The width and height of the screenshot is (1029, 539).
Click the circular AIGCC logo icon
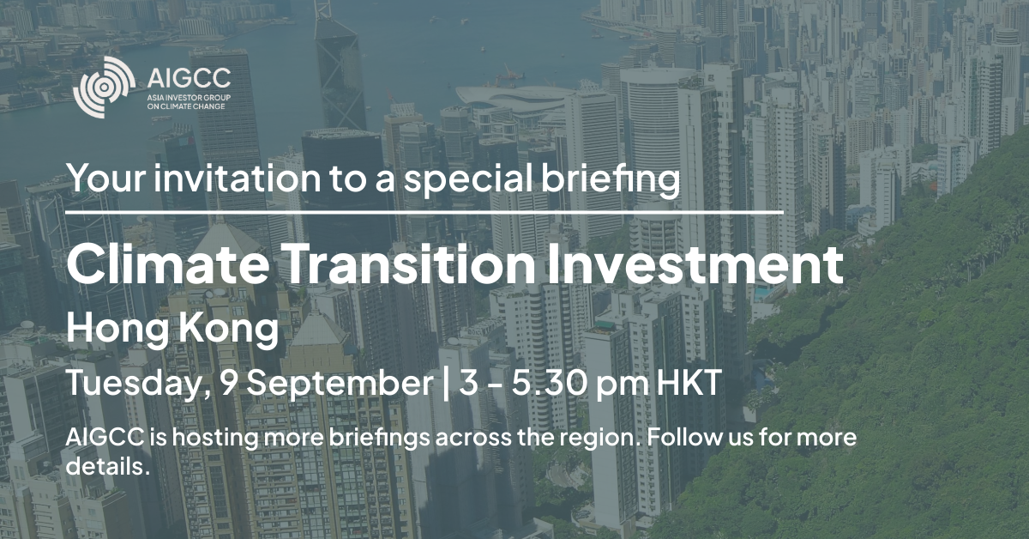coord(105,87)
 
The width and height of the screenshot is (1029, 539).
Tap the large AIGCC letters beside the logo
coord(189,78)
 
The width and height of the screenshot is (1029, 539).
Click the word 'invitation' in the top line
coord(237,178)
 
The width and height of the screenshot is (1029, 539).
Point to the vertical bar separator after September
coord(445,384)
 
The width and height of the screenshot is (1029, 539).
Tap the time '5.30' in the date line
coord(551,383)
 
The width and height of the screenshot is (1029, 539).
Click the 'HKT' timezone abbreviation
coord(689,383)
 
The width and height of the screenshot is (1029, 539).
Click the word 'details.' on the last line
coord(108,465)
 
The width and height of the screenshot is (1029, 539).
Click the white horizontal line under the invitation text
coord(425,213)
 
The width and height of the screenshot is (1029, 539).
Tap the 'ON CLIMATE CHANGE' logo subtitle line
coord(186,106)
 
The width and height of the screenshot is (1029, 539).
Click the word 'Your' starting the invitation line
coord(106,178)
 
